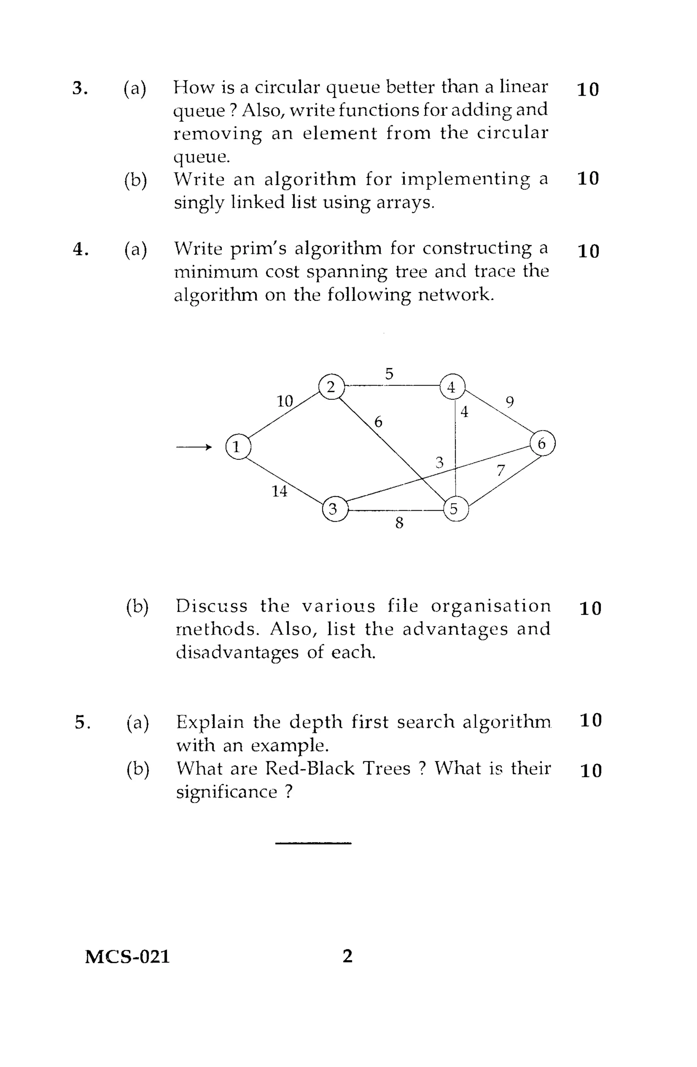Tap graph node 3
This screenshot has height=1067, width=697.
[334, 509]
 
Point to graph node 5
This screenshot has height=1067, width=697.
[455, 509]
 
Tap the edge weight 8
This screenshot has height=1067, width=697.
[399, 523]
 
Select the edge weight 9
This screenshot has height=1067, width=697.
[510, 402]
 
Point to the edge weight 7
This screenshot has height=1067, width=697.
[501, 470]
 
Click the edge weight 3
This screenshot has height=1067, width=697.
[439, 462]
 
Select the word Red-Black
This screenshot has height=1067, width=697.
[309, 768]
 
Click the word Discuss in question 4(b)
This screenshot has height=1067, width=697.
[211, 606]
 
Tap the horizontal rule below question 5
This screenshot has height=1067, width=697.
[313, 843]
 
